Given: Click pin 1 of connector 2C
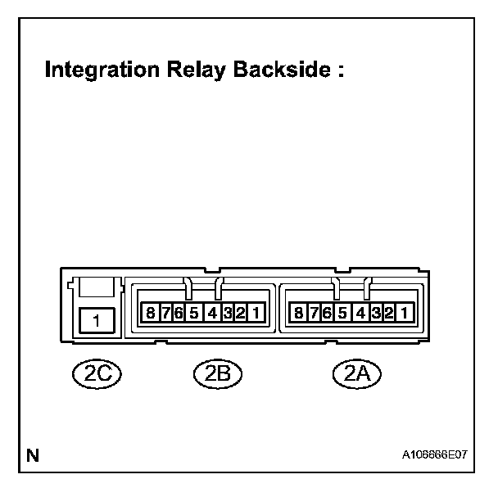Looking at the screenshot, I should coord(96,320).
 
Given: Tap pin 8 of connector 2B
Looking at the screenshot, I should coord(151,313).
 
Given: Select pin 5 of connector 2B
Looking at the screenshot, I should coord(194,313).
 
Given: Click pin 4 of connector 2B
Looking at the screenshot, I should coord(211,313).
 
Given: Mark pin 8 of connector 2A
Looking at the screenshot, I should coord(299,313).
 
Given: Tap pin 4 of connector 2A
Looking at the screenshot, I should coord(360,313).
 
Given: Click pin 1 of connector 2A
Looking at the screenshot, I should coord(403,313).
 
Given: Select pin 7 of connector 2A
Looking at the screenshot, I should coord(314,313).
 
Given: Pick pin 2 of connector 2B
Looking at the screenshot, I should coord(241,313).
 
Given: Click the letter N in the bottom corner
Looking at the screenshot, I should coord(34,454).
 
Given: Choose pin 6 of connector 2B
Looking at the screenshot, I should coord(178,313).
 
